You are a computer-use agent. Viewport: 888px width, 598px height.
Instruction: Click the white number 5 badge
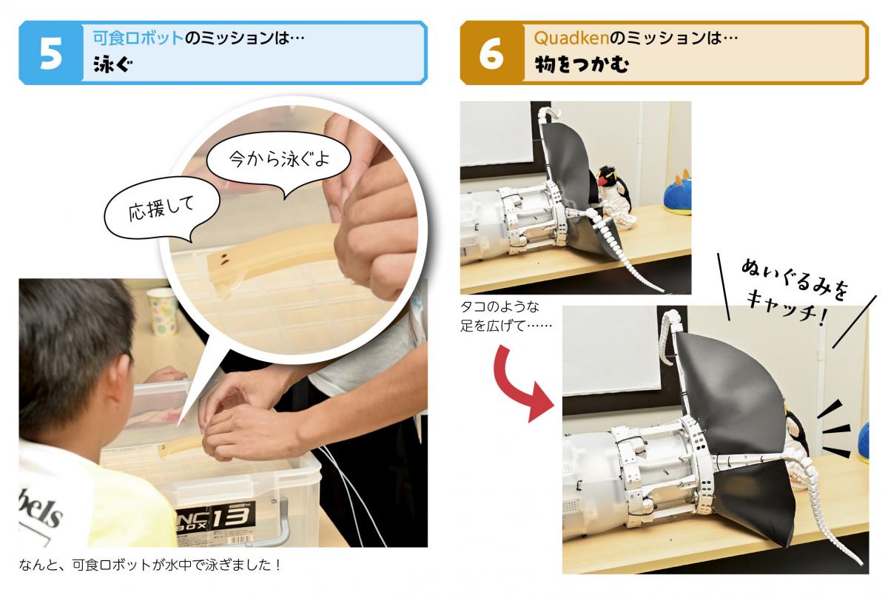pyautogui.click(x=51, y=53)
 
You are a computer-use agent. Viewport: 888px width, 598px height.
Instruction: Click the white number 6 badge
pyautogui.click(x=491, y=53)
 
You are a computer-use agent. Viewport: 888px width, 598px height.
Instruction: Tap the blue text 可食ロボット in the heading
pyautogui.click(x=138, y=38)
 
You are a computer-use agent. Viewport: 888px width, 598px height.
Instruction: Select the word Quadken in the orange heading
pyautogui.click(x=571, y=38)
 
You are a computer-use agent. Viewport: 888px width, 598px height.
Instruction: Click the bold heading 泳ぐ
pyautogui.click(x=113, y=64)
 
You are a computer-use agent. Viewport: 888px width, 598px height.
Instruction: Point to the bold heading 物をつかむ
pyautogui.click(x=582, y=64)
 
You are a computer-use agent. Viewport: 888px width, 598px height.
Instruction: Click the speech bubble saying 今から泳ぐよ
pyautogui.click(x=279, y=159)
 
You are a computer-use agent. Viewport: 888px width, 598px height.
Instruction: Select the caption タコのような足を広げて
pyautogui.click(x=506, y=317)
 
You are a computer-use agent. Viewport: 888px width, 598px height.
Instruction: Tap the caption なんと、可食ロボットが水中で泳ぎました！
pyautogui.click(x=150, y=565)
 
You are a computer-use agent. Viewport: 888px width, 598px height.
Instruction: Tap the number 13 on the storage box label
pyautogui.click(x=231, y=517)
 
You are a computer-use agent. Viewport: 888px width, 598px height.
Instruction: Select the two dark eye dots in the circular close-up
pyautogui.click(x=225, y=258)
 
